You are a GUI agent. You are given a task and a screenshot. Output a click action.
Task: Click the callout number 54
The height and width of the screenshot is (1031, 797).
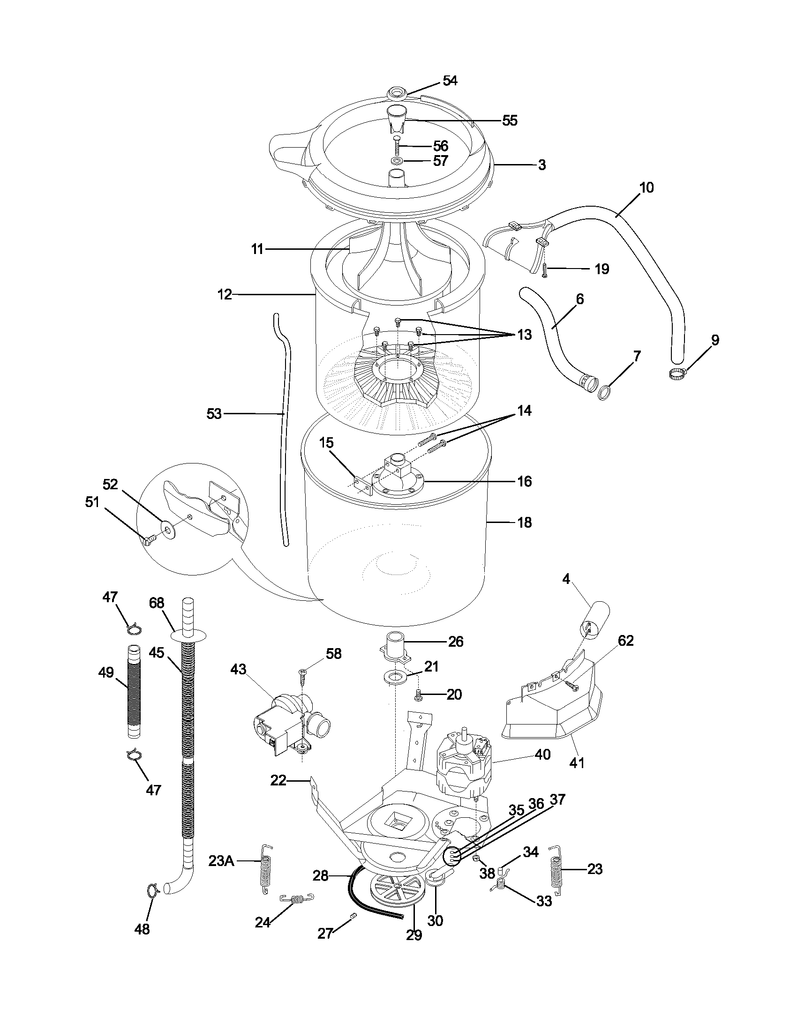tap(450, 81)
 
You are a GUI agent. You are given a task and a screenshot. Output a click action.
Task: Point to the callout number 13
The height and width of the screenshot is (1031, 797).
tap(524, 335)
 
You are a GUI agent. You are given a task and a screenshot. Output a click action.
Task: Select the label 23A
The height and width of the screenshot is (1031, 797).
tap(221, 861)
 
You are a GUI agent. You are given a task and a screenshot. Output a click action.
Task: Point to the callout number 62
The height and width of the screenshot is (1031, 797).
tap(625, 641)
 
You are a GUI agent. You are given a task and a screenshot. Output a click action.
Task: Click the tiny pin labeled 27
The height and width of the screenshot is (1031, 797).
tap(353, 915)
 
